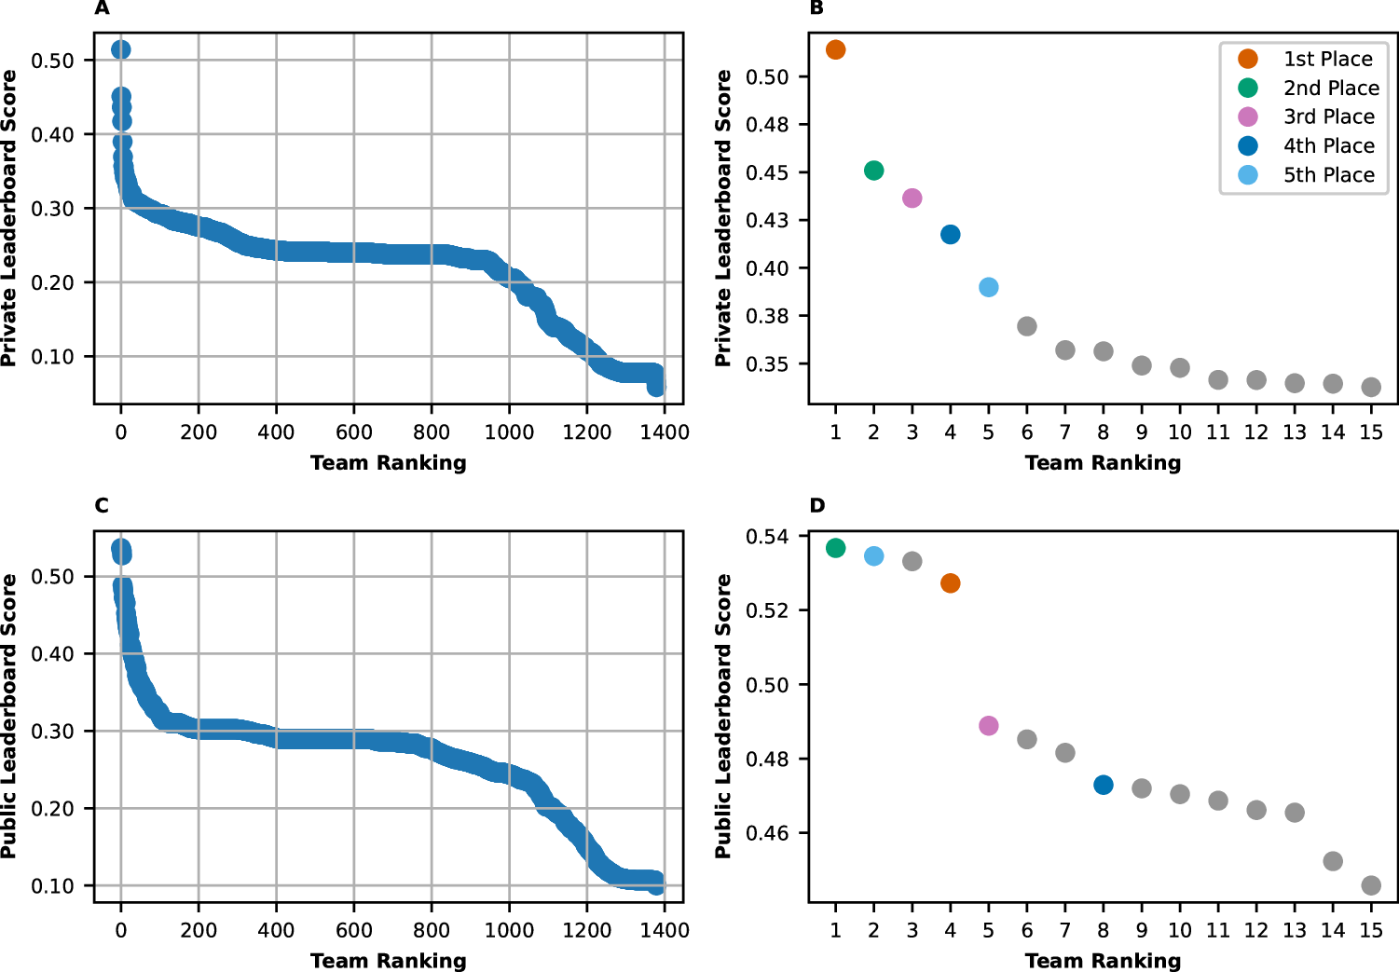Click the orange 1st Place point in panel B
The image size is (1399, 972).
(835, 49)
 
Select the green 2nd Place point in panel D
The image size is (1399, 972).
(835, 548)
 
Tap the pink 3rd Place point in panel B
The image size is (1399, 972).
(912, 198)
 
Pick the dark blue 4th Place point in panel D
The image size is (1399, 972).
(1103, 785)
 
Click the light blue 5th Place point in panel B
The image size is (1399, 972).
(988, 287)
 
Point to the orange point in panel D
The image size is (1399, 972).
(950, 583)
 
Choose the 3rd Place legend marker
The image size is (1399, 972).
(1247, 116)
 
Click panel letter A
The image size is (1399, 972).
(102, 8)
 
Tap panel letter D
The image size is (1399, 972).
(816, 506)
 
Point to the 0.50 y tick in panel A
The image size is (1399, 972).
(52, 61)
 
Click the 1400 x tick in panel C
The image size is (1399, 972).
(665, 930)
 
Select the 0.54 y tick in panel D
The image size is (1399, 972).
(766, 537)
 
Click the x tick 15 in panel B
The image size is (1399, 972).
(1370, 432)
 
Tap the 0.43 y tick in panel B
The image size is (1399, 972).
(766, 221)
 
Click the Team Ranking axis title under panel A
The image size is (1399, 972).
(388, 463)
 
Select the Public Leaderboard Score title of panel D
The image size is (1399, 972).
(723, 716)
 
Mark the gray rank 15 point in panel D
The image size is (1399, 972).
(1370, 884)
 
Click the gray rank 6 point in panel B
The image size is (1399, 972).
(1026, 326)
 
